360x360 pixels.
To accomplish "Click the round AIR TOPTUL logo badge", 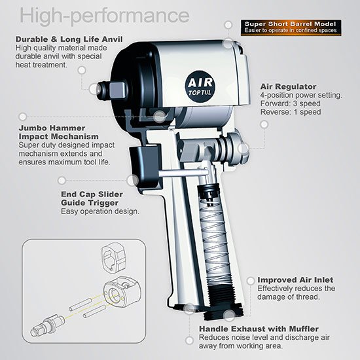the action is click(200, 86).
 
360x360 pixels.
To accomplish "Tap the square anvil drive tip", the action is click(118, 90).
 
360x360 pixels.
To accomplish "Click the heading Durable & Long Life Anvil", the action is click(69, 39).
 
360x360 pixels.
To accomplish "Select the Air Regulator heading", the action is click(288, 86).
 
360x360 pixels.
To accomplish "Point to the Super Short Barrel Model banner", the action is click(291, 27).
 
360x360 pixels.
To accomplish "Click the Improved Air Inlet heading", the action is click(295, 280).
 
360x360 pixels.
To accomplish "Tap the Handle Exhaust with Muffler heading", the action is click(259, 329).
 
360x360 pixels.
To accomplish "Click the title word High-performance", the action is click(105, 16).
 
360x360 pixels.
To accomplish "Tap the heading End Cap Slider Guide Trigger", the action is click(92, 198).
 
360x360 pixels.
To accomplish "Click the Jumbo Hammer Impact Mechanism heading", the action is click(58, 132).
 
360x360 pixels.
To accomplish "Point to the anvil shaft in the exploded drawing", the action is click(48, 325).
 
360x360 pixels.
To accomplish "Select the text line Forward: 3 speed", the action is click(290, 103).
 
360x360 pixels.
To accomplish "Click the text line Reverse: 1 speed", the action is click(291, 112).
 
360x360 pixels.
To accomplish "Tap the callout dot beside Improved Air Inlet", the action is click(251, 281).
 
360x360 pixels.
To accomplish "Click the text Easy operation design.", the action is click(100, 211).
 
